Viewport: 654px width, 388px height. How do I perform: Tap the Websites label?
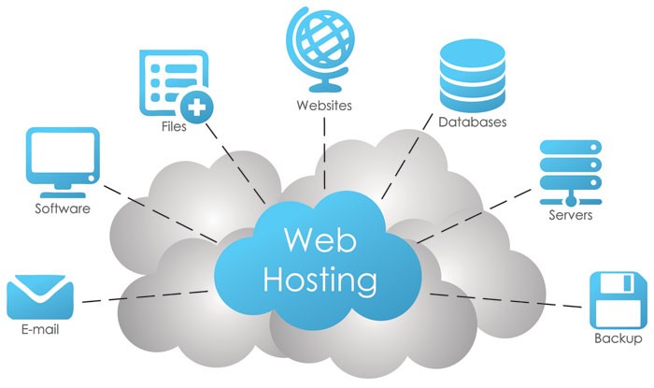[x=323, y=106]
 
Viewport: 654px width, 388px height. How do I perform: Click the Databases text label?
[x=474, y=122]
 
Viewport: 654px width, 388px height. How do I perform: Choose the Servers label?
[x=570, y=216]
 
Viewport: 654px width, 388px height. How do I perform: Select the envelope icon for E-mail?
[x=40, y=298]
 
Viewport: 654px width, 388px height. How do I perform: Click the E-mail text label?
[x=39, y=332]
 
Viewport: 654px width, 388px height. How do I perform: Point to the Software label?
[x=63, y=208]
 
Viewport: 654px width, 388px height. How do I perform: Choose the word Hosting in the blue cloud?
[x=320, y=278]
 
